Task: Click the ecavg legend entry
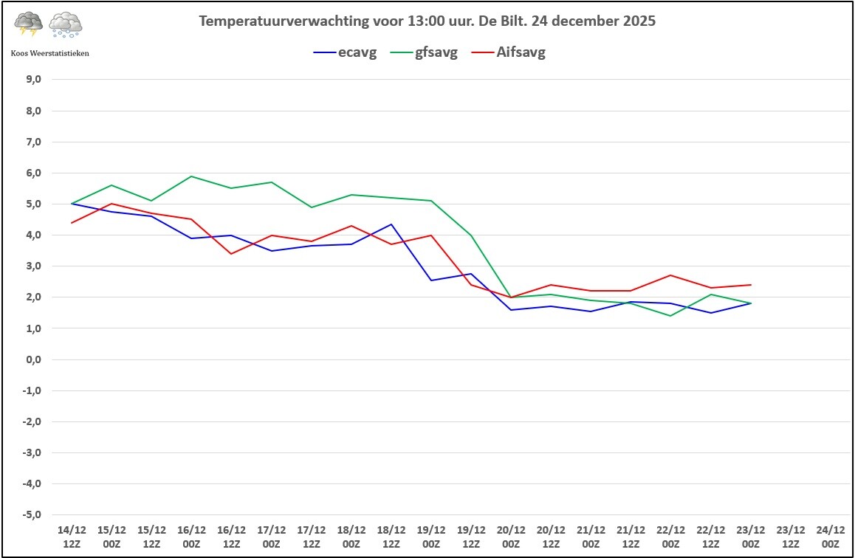(x=345, y=52)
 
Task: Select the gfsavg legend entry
(x=425, y=52)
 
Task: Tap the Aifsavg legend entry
(x=509, y=52)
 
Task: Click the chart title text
(x=427, y=21)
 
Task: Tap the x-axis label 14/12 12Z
(x=72, y=537)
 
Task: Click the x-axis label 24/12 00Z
(x=831, y=537)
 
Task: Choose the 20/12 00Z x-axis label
(x=511, y=537)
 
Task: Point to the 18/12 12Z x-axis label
(x=391, y=537)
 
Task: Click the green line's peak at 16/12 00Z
(x=191, y=176)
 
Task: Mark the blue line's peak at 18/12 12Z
(x=391, y=224)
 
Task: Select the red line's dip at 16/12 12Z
(x=231, y=254)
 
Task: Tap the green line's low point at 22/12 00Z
(x=670, y=316)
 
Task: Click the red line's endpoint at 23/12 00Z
(x=751, y=285)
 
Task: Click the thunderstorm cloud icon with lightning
(x=29, y=24)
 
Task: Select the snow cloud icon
(x=66, y=25)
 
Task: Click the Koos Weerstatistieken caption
(x=50, y=53)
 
